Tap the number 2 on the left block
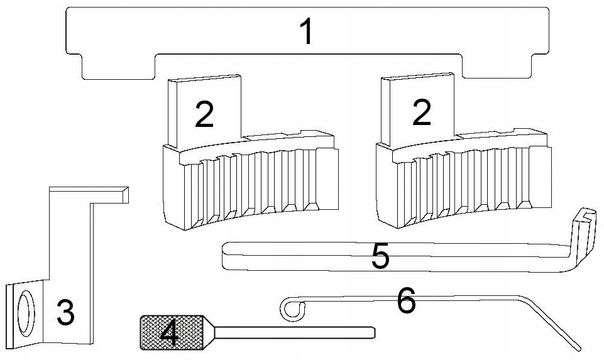point(204,114)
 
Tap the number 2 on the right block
point(420,114)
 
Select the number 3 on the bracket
point(65,312)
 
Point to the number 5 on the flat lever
point(380,257)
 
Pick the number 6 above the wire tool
point(405,302)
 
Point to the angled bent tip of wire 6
point(573,344)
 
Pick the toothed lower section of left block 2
point(251,188)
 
